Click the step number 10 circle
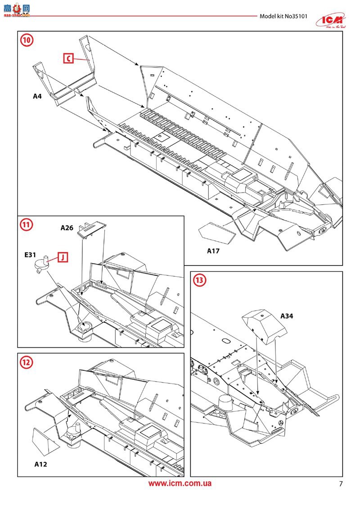tap(27, 40)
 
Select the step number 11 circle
tap(27, 225)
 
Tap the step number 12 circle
tap(27, 362)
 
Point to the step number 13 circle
tap(200, 280)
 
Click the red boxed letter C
tap(67, 58)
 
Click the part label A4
tap(37, 96)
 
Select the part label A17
tap(213, 251)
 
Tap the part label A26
tap(67, 228)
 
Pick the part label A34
tap(287, 316)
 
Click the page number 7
tap(341, 484)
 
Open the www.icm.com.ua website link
tap(180, 484)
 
